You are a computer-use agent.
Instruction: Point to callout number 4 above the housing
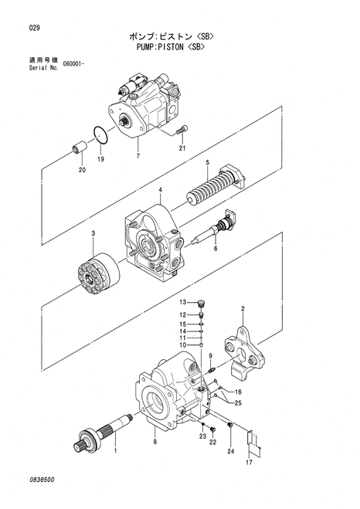click(160, 190)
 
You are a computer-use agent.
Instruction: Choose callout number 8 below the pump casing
click(155, 442)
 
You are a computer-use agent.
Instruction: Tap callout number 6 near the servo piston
click(216, 248)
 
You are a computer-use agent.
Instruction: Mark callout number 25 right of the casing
click(239, 403)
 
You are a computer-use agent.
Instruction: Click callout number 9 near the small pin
click(209, 355)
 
